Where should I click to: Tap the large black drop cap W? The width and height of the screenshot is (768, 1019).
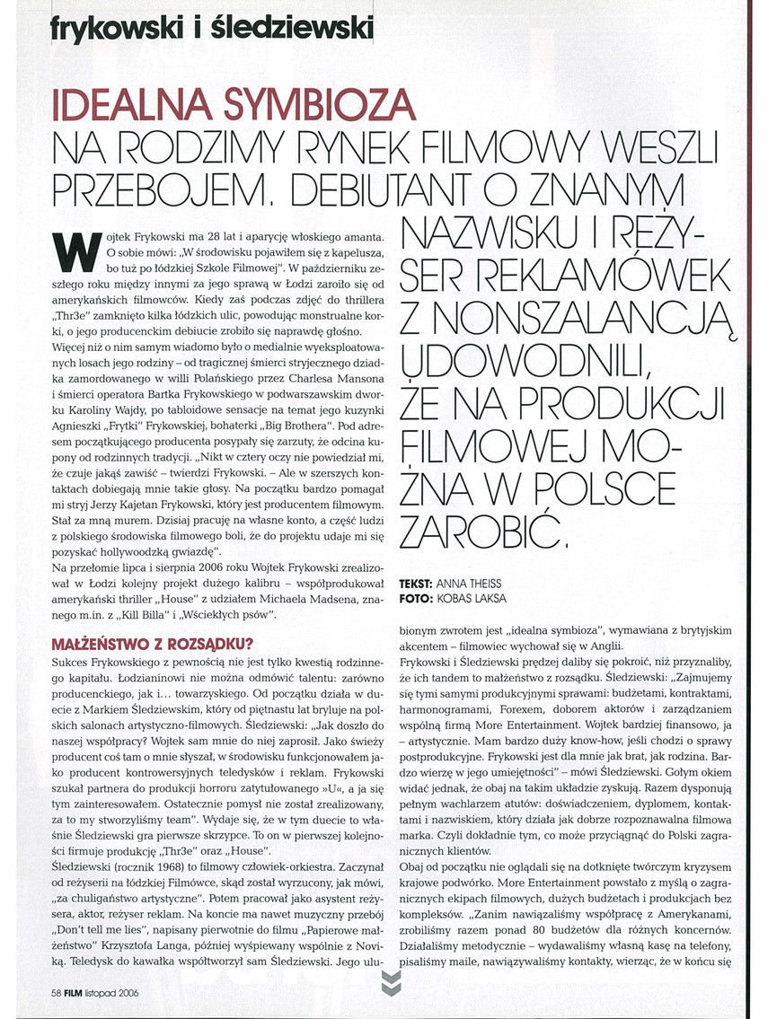(73, 252)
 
